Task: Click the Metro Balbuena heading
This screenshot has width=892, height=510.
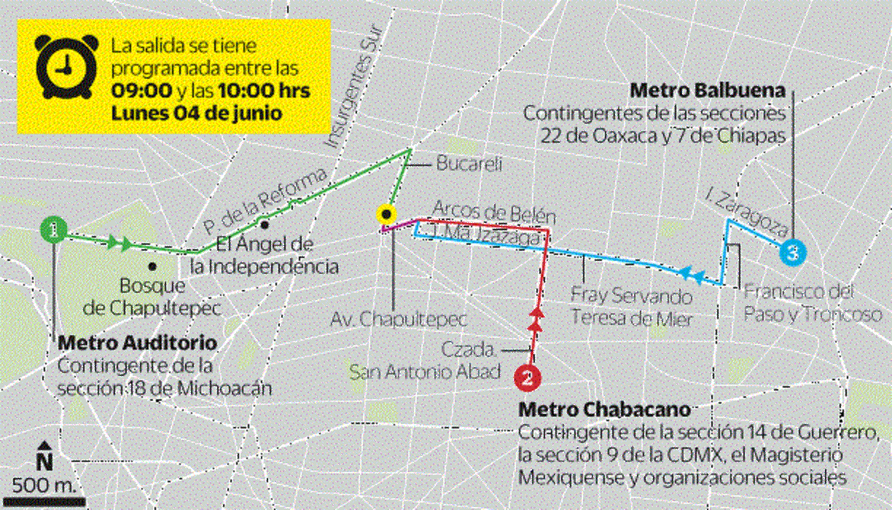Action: pyautogui.click(x=708, y=91)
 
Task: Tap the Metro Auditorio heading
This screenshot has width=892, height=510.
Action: pyautogui.click(x=136, y=342)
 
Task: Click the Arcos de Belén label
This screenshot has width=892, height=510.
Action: pyautogui.click(x=493, y=213)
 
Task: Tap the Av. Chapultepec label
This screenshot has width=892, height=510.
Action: pyautogui.click(x=398, y=319)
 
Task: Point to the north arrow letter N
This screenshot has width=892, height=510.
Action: pyautogui.click(x=45, y=461)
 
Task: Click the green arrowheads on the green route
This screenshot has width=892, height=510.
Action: pyautogui.click(x=120, y=243)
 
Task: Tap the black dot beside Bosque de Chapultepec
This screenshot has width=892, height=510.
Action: pyautogui.click(x=152, y=266)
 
